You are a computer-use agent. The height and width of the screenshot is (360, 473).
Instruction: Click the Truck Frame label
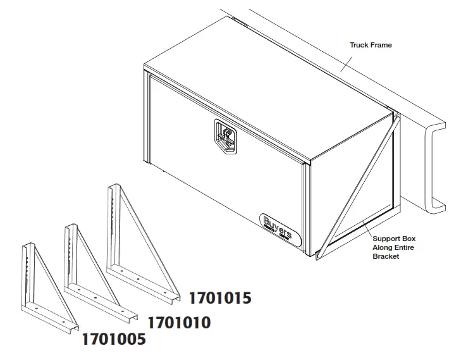(x=371, y=46)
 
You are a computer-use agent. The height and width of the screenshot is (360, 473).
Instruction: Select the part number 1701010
(x=179, y=323)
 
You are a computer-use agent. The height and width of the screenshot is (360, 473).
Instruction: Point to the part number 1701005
(x=114, y=339)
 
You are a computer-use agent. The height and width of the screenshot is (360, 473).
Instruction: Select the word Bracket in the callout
(x=386, y=256)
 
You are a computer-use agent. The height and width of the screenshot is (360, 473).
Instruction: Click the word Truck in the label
(x=359, y=46)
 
